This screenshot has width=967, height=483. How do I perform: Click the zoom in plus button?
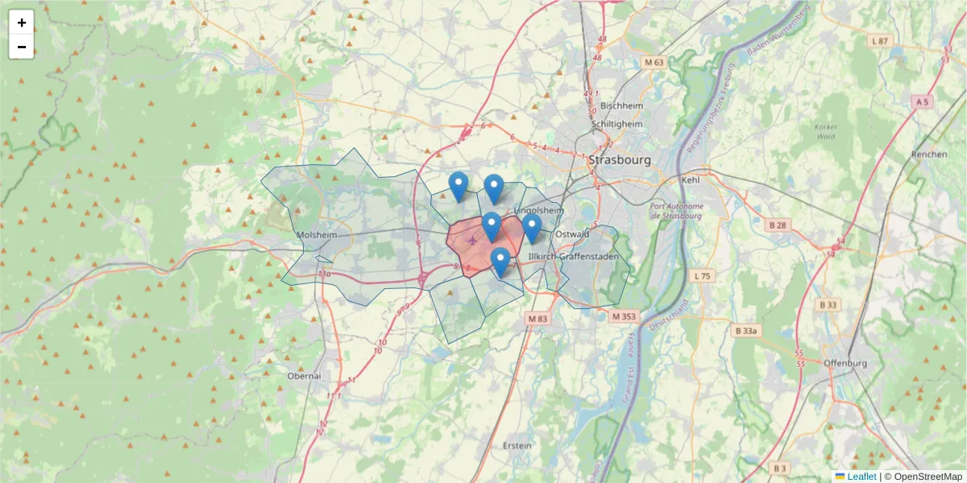22,23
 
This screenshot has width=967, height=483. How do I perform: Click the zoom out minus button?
22,47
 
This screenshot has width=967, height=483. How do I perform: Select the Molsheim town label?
316,234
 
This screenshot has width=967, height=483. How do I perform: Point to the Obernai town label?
304,376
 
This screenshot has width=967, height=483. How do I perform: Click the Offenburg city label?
845,363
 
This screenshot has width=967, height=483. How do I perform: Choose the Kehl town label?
691,180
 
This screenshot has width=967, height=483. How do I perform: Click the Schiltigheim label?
617,125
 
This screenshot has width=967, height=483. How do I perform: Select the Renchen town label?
928,154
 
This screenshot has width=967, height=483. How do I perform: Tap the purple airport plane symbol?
471,239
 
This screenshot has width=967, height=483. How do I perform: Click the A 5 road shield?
922,101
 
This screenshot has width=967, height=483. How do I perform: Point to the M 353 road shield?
624,316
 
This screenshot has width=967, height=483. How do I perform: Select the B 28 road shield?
777,225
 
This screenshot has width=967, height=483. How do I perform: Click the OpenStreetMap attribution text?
923,477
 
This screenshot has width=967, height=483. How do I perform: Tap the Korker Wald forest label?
826,132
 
